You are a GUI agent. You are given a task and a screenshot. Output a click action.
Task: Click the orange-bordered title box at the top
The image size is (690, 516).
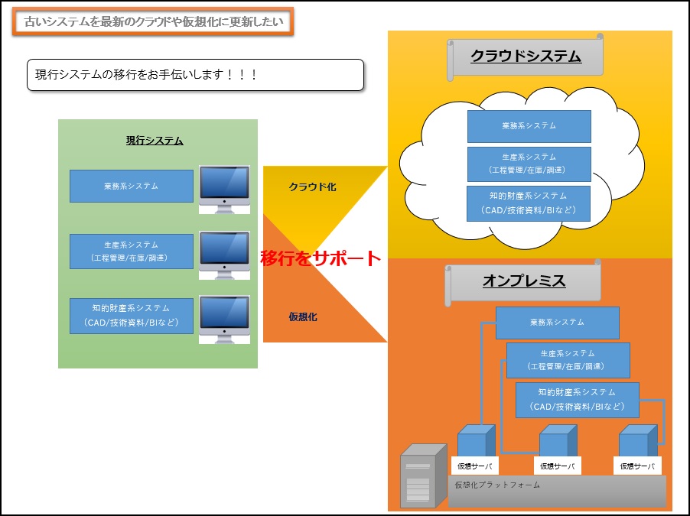(x=153, y=21)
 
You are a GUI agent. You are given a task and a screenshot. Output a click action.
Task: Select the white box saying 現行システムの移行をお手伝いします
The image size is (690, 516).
(x=195, y=75)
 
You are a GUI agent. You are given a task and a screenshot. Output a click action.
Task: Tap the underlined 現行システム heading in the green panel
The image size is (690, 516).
(x=155, y=141)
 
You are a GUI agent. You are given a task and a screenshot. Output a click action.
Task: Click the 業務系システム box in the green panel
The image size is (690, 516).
(x=131, y=186)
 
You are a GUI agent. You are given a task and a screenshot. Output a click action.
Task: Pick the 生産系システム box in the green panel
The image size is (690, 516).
(x=131, y=252)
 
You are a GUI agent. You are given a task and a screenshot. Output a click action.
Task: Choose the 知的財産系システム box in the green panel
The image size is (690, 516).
(x=131, y=316)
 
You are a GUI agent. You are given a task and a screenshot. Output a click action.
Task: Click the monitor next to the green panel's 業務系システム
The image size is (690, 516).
(x=224, y=190)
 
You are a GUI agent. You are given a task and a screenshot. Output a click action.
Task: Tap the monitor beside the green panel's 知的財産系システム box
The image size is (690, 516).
(x=224, y=320)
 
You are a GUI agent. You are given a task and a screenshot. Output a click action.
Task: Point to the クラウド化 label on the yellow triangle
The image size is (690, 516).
(x=312, y=187)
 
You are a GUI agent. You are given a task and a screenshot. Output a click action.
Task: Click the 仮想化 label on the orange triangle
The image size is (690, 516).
(x=303, y=316)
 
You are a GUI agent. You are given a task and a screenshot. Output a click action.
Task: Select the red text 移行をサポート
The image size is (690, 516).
(x=321, y=258)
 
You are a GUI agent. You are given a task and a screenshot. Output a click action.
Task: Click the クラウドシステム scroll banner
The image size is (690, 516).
(x=525, y=57)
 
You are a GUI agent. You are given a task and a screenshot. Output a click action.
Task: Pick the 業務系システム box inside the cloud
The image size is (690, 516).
(x=529, y=126)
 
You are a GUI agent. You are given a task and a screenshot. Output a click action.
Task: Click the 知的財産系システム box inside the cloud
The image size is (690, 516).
(x=529, y=203)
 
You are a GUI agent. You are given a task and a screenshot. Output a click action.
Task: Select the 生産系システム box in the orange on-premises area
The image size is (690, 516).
(x=568, y=360)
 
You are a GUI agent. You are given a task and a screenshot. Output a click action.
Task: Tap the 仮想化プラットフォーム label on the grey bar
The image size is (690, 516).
(x=497, y=485)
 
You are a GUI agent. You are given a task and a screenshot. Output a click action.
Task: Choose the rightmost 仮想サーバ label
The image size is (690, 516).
(x=637, y=466)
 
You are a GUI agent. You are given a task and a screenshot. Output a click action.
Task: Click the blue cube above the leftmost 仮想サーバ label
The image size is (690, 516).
(x=477, y=441)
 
